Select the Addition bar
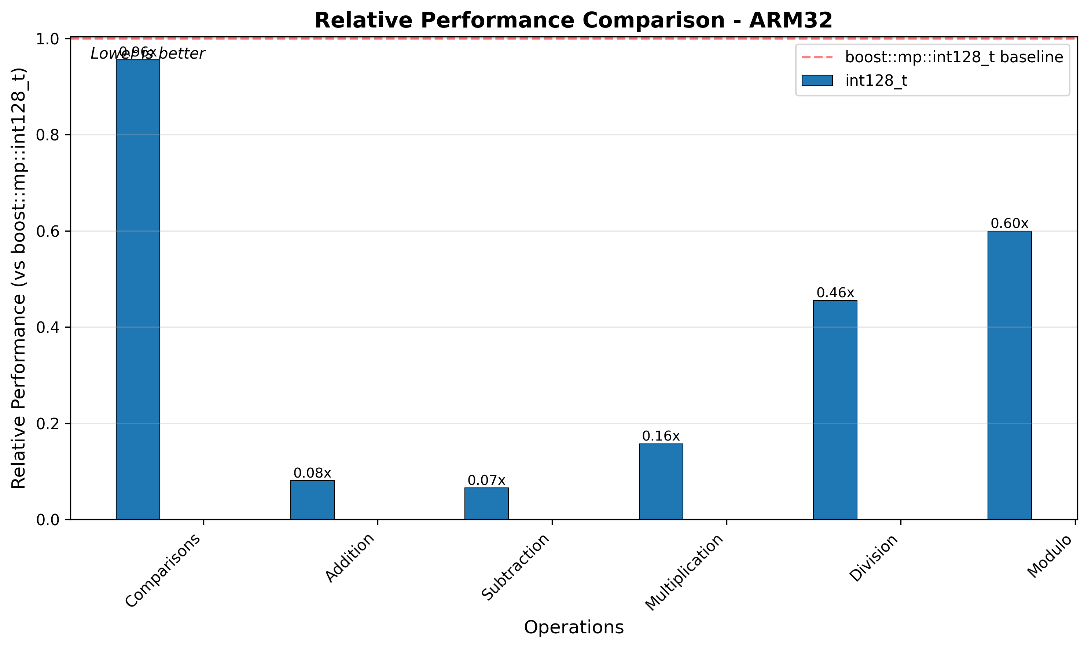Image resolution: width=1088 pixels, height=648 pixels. (x=312, y=500)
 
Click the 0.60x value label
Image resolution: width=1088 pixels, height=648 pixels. (x=1010, y=224)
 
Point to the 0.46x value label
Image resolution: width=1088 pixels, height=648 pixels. (x=835, y=292)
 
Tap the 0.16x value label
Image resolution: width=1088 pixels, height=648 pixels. (x=661, y=436)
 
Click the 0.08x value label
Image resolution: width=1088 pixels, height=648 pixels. (x=312, y=473)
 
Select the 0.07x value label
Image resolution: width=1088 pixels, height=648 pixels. (x=486, y=481)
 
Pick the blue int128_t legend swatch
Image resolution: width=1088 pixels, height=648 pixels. (x=817, y=81)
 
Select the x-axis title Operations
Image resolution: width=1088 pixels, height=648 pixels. (x=574, y=627)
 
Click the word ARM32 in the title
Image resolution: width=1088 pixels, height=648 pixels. (x=791, y=21)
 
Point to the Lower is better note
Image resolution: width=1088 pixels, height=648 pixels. (x=148, y=54)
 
